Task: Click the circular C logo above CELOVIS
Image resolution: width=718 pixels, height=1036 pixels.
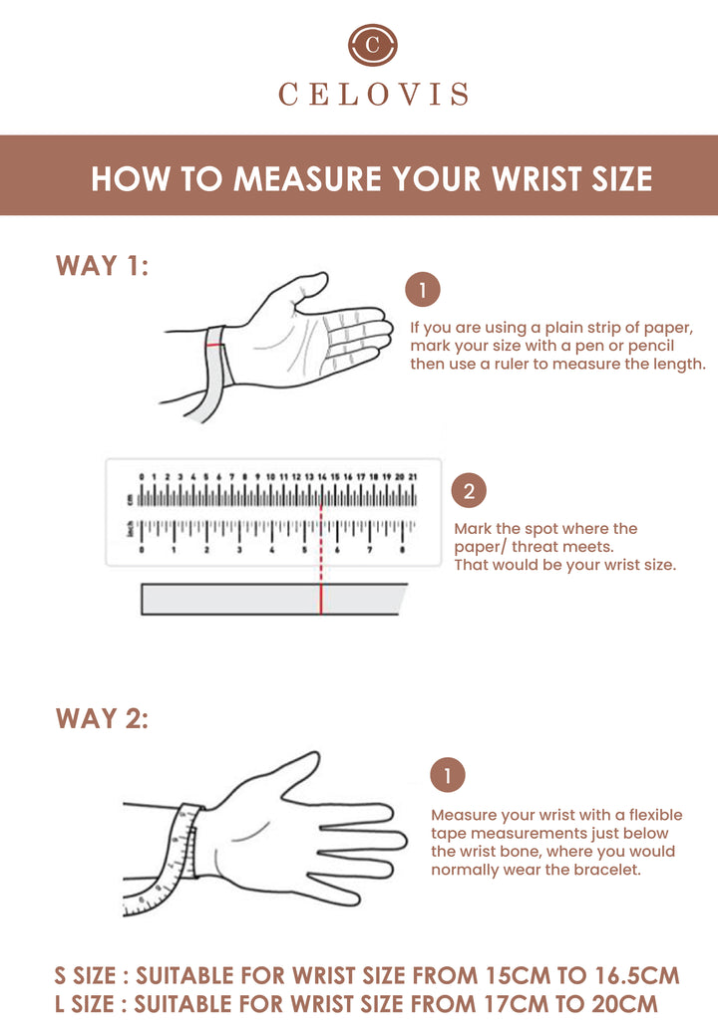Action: pos(373,45)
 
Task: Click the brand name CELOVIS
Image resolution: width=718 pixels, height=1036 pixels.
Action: pos(374,95)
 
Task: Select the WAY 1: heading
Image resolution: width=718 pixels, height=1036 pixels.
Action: pos(103,266)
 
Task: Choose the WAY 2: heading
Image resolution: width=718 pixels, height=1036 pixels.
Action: pos(103,719)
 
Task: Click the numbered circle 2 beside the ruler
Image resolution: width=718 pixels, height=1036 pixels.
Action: pos(469,491)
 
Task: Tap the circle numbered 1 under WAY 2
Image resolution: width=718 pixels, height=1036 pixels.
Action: pos(448,775)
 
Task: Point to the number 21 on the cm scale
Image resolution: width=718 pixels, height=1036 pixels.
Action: pos(413,476)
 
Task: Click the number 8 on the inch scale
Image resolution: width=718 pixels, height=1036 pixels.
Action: pos(402,550)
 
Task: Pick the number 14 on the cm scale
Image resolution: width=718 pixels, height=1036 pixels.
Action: pos(322,476)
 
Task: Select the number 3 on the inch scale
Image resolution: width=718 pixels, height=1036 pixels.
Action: pos(239,550)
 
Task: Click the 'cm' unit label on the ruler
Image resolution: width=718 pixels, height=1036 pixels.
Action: pos(131,499)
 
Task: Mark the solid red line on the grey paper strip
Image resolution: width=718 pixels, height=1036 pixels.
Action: pos(321,600)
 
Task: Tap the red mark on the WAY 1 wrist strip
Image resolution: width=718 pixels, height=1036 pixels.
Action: pos(213,345)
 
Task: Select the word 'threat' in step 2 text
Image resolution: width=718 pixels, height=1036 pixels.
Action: pos(537,547)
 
